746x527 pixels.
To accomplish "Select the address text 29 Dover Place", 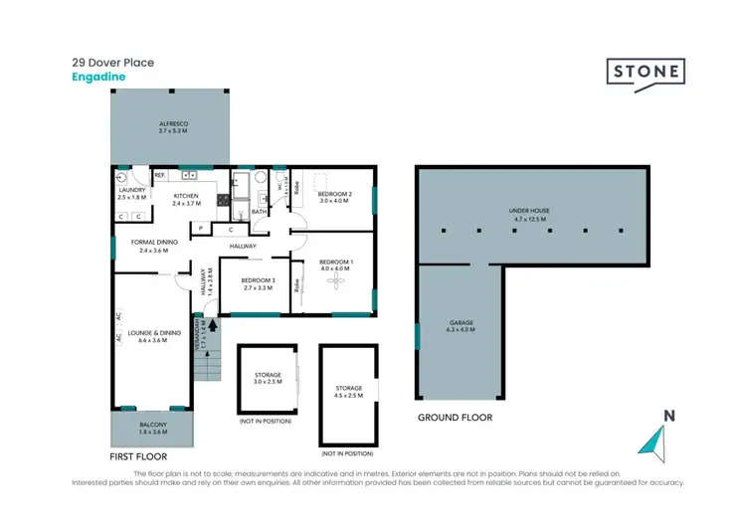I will pos(112,62).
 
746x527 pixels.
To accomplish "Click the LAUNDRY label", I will pos(132,190).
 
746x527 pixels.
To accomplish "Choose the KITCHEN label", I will pos(187,196).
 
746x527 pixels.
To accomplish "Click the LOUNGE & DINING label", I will pos(149,335).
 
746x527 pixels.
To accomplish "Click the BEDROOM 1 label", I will pos(334,263).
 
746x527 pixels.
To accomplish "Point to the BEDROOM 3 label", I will pos(257,281).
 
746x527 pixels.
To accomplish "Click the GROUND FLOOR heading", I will pos(455,418).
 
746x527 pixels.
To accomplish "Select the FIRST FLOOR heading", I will pos(136,456).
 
